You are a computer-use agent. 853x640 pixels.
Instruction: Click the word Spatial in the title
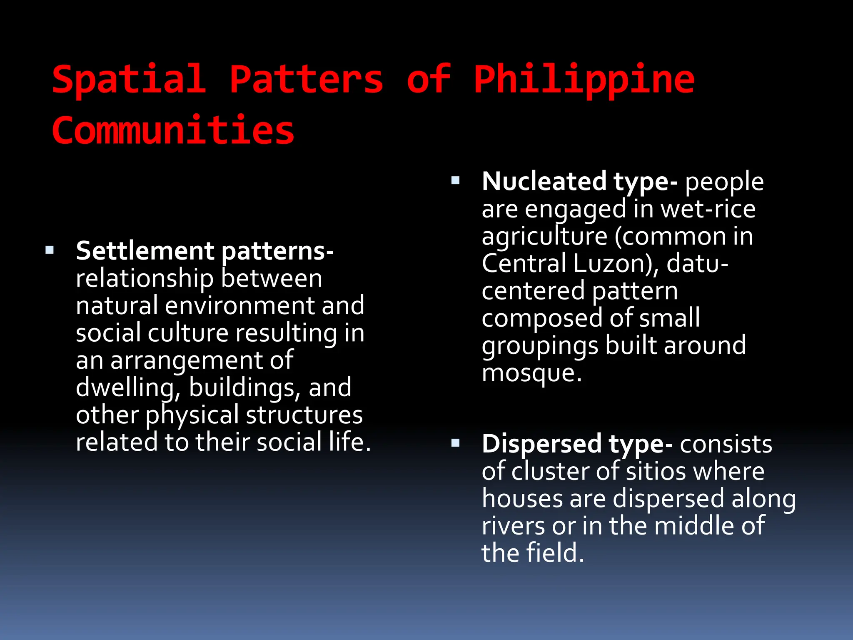coord(129,80)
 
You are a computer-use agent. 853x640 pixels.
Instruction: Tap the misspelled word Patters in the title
coord(306,80)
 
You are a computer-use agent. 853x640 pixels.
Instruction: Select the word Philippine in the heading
coord(584,80)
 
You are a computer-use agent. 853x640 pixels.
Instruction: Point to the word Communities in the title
coord(173,131)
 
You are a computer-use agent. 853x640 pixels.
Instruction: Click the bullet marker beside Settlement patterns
coord(50,250)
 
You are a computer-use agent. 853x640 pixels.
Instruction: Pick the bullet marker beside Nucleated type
coord(455,181)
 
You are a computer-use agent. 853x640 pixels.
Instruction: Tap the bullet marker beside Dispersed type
coord(455,443)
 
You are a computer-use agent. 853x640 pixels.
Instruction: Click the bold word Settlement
coord(145,251)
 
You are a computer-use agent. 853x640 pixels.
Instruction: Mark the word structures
coord(304,415)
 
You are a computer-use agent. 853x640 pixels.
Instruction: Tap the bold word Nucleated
coord(544,181)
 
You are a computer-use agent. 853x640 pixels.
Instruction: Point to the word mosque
coord(531,373)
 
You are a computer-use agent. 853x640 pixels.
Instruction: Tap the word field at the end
coord(555,553)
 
